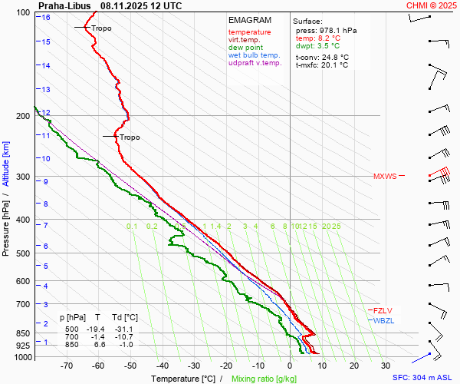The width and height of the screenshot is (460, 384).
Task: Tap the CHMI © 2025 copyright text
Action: [x=431, y=5]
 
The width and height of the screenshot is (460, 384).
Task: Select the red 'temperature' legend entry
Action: [x=249, y=32]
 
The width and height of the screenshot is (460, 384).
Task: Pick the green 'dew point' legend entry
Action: [x=245, y=48]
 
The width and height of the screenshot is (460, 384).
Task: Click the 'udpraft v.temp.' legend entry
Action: [x=256, y=63]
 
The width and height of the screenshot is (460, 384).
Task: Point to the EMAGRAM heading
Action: [x=249, y=20]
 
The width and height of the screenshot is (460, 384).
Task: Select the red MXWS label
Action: [x=385, y=177]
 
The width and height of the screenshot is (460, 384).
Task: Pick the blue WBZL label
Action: [x=383, y=320]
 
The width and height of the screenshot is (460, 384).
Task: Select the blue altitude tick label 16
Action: [x=46, y=18]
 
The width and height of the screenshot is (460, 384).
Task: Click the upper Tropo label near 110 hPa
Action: [x=101, y=28]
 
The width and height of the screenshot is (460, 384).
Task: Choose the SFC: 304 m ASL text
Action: [x=423, y=378]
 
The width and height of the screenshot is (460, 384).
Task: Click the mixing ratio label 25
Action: [x=336, y=227]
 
